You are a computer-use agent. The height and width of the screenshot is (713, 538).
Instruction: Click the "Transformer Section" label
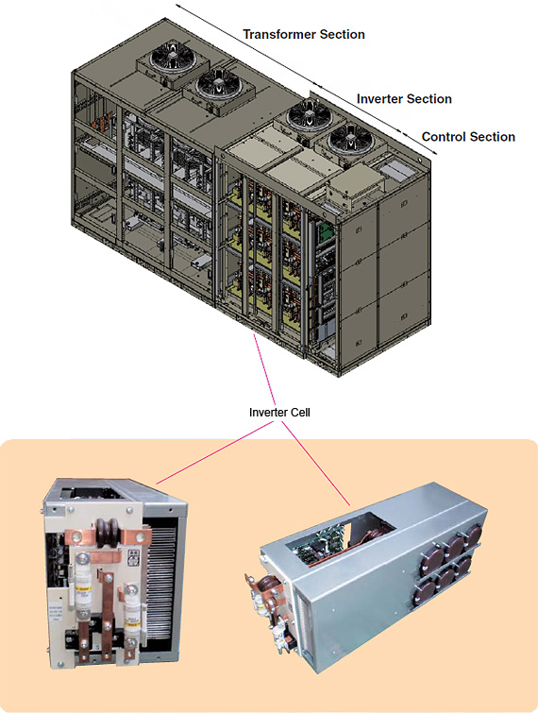pos(304,35)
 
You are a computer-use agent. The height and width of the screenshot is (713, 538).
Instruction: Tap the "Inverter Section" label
pos(404,99)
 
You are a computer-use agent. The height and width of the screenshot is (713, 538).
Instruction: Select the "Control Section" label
pos(468,137)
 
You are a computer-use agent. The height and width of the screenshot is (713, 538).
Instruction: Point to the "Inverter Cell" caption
pos(279,413)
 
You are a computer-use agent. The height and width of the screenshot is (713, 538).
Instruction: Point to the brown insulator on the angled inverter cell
pos(265,587)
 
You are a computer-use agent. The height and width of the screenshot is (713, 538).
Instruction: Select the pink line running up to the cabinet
pos(264,369)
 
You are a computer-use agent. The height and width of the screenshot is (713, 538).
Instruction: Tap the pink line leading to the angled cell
pos(316,464)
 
